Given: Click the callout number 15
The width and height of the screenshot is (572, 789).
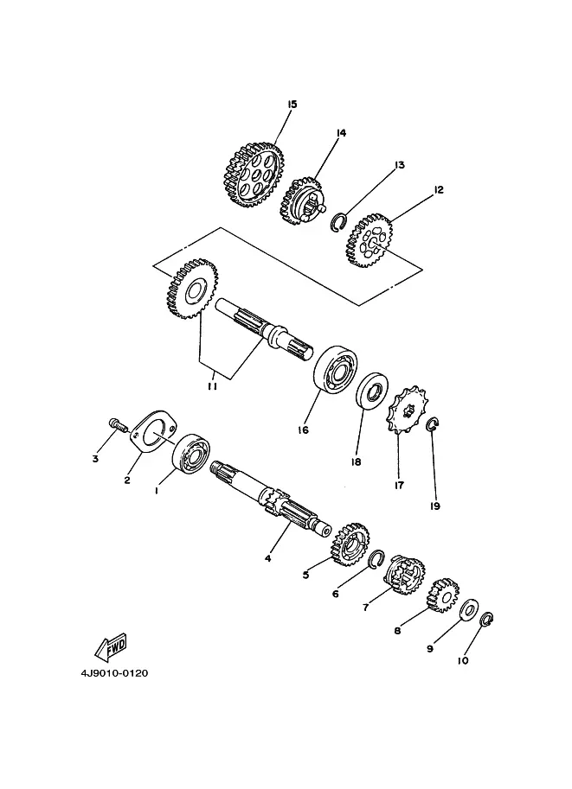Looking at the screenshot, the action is click(292, 105).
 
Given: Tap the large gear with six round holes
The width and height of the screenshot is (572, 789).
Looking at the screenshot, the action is click(253, 175).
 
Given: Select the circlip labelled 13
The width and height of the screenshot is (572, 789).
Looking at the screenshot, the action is click(337, 223).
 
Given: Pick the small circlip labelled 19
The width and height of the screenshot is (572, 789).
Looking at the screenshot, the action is click(433, 424).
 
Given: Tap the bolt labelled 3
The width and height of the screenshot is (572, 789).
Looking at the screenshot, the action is click(117, 423).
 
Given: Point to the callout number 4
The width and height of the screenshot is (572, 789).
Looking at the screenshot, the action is click(267, 558).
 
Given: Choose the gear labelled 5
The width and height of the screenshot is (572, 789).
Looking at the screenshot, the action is click(350, 544).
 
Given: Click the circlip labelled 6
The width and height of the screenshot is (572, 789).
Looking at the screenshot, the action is click(376, 558).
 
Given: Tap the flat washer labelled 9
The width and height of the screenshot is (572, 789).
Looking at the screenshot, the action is click(469, 610).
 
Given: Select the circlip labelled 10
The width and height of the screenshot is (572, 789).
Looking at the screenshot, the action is click(487, 620).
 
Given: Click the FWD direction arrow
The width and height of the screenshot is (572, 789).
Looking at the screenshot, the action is click(111, 646).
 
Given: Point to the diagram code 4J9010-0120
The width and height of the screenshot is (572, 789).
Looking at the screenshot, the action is click(114, 672).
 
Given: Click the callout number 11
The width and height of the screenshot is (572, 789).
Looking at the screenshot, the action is click(212, 386).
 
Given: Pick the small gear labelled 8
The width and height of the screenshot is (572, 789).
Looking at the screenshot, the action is click(442, 595).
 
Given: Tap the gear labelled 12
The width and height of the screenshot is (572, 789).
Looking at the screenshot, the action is click(370, 240).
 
